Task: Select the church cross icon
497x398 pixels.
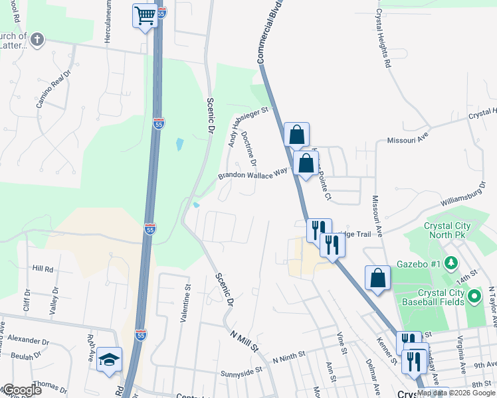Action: [x=37, y=40]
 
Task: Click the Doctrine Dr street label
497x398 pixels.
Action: [x=249, y=147]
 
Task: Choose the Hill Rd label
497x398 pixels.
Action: [x=43, y=269]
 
